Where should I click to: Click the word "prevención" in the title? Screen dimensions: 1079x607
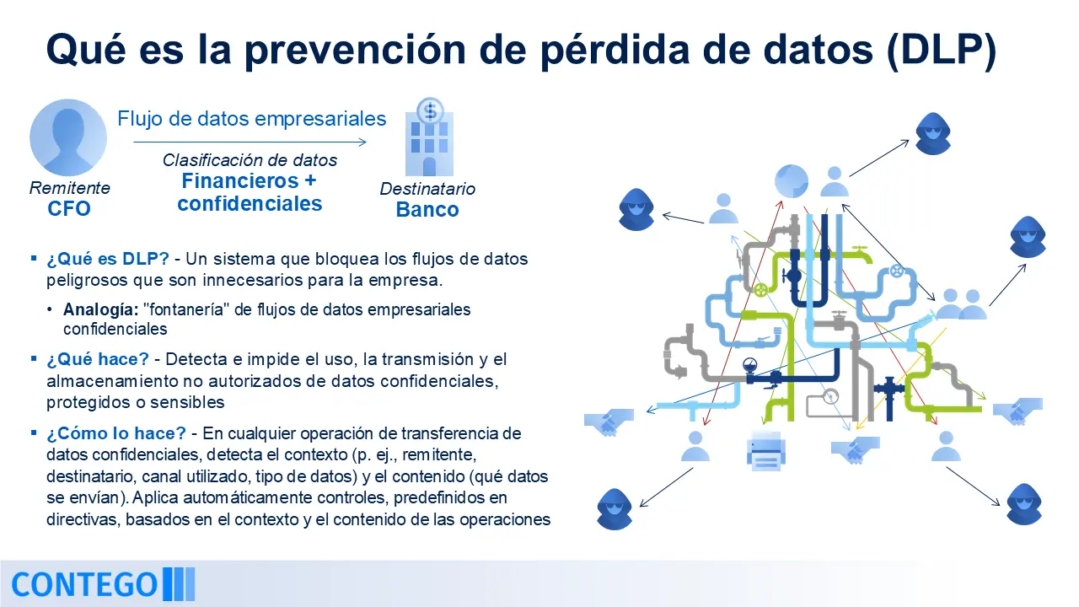click(x=355, y=51)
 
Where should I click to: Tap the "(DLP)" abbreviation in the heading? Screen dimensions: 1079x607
click(x=942, y=50)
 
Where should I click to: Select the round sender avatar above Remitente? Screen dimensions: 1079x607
click(x=68, y=137)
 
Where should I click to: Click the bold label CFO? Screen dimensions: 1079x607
click(x=69, y=208)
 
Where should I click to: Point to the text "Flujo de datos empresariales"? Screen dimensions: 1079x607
click(x=251, y=119)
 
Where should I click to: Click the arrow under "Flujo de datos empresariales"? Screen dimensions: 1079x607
click(x=250, y=142)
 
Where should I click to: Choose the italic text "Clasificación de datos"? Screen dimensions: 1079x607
click(x=250, y=160)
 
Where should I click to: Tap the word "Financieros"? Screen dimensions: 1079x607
click(x=240, y=181)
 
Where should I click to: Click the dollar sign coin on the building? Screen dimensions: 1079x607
click(x=430, y=110)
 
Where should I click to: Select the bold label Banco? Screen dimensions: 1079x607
click(x=427, y=210)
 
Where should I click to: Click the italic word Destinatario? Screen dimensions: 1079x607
click(x=427, y=189)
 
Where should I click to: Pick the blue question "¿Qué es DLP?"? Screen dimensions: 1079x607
click(x=107, y=259)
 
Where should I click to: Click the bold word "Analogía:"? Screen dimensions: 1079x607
click(x=100, y=309)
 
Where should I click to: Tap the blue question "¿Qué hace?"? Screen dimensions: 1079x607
click(x=98, y=359)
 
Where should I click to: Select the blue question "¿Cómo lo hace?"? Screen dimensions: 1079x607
click(x=116, y=433)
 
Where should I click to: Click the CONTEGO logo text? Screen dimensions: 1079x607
click(x=84, y=585)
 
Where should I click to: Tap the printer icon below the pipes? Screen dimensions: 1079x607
click(x=766, y=451)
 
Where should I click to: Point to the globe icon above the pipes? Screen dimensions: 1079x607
click(x=791, y=181)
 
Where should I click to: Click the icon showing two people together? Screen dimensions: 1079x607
click(x=961, y=304)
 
